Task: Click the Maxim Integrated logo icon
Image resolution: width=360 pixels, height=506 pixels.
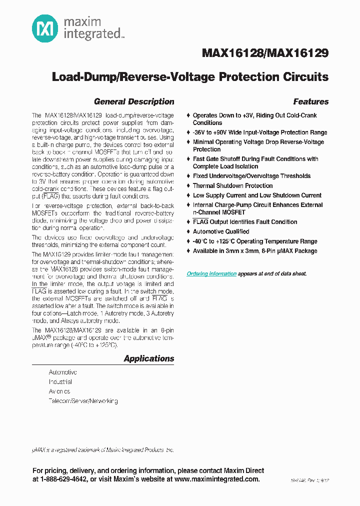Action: tap(45, 28)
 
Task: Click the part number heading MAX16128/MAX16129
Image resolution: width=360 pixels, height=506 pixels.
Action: tap(265, 53)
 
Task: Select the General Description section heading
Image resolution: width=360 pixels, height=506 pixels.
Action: tap(134, 101)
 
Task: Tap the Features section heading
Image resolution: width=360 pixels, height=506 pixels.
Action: tap(310, 101)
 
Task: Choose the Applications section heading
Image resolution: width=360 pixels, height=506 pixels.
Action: tap(149, 358)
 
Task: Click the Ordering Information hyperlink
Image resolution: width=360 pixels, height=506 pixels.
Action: tap(211, 273)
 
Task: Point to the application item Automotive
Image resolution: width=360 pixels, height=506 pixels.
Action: tap(62, 372)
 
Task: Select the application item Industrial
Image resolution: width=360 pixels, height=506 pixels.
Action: tap(60, 382)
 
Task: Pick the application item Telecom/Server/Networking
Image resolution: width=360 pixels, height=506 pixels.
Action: tap(83, 401)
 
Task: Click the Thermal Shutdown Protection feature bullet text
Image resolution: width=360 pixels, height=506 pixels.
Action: tap(232, 185)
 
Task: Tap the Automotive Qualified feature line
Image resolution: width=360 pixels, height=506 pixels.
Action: tap(220, 231)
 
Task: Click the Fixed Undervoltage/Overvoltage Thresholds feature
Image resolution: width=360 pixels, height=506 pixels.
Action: tap(251, 176)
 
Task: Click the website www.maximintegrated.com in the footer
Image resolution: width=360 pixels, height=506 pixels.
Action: tap(217, 479)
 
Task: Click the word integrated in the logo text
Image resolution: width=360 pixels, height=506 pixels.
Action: tap(92, 33)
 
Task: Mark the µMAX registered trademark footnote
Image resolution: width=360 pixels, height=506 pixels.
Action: tap(102, 450)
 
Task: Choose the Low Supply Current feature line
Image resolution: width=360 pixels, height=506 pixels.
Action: tap(257, 195)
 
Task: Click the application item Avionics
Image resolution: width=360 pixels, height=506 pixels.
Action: tap(59, 391)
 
